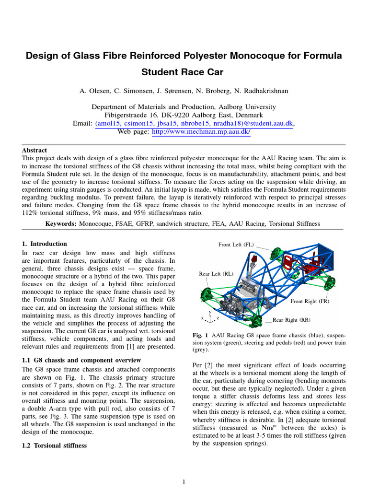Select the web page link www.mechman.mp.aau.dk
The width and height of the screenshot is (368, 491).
(x=201, y=132)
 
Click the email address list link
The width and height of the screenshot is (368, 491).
(x=194, y=124)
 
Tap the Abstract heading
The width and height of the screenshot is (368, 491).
(x=34, y=150)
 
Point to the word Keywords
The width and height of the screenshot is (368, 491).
(x=61, y=224)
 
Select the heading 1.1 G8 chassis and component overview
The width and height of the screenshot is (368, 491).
(x=81, y=360)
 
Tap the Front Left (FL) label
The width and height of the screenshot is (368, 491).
(x=236, y=245)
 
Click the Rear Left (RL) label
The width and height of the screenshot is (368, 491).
(x=216, y=274)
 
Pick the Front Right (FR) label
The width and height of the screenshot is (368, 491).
(x=310, y=302)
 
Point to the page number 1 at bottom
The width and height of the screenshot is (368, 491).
(x=184, y=482)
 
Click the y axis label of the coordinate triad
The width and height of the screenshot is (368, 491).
(x=210, y=312)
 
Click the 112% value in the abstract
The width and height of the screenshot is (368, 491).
(x=29, y=213)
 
